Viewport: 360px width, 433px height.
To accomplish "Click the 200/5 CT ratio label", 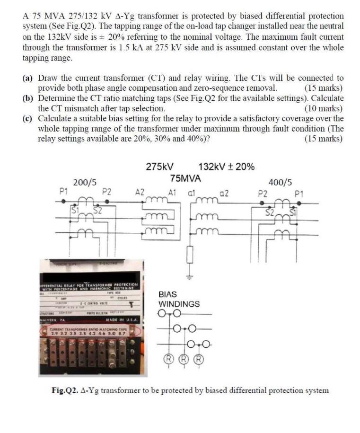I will (x=85, y=182).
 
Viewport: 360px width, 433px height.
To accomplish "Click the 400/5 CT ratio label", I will (x=280, y=182).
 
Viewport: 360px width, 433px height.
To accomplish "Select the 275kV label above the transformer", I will (x=159, y=167).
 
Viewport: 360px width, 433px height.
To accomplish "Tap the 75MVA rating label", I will (x=185, y=178).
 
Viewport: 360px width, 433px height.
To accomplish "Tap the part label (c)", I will (x=28, y=118).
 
